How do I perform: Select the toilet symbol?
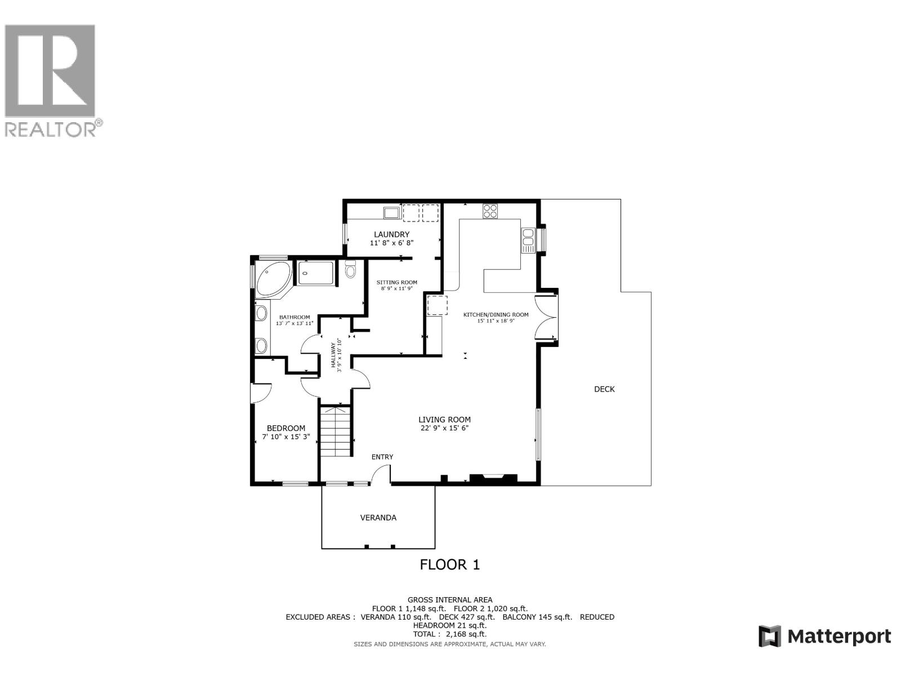[x=351, y=270]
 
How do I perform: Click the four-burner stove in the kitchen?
[x=490, y=211]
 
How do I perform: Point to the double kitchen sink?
[x=528, y=241]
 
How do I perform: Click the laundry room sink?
[x=391, y=212]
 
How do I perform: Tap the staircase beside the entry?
[x=336, y=431]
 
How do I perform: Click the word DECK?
[x=604, y=389]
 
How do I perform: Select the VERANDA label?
[x=378, y=518]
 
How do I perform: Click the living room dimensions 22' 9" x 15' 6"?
[x=444, y=428]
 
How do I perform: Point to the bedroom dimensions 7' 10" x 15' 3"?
[x=286, y=437]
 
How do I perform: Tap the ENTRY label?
[x=382, y=457]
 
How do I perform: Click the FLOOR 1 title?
[x=450, y=564]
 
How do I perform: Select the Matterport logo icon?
[x=770, y=637]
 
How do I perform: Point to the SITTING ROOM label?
[x=397, y=282]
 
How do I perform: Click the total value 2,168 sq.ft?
[x=466, y=634]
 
